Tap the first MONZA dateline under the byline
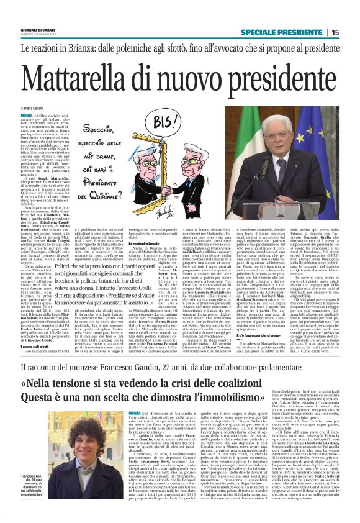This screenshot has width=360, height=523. coord(27,115)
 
